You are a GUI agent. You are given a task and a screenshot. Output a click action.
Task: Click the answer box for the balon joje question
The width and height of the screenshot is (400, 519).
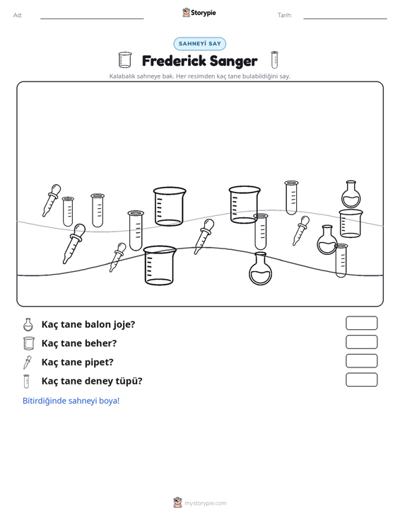(x=361, y=323)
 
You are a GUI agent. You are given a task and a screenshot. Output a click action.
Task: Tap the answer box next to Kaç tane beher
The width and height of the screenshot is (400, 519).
(x=361, y=342)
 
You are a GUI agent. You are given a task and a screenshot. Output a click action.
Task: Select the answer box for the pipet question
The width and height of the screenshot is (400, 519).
(x=361, y=361)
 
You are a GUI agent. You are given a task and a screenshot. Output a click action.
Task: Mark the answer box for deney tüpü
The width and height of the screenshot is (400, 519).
(x=361, y=380)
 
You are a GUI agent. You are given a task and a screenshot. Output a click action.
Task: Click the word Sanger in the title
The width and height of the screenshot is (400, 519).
(x=233, y=62)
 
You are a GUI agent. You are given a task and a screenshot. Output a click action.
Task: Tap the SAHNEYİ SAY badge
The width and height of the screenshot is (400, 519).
(x=200, y=44)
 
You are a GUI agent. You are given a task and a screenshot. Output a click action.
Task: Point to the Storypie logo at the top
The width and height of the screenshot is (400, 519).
(x=199, y=13)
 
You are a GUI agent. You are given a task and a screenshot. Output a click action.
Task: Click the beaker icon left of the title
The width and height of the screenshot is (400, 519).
(x=125, y=60)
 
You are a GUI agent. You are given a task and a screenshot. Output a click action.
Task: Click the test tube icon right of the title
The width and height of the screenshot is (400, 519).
(x=274, y=60)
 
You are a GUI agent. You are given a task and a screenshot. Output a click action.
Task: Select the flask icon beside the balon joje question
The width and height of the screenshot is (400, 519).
(x=28, y=324)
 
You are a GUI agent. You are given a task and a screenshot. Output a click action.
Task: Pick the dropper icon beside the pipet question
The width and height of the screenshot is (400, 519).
(x=27, y=362)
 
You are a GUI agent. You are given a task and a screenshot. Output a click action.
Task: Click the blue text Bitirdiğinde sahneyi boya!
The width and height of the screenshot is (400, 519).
(x=71, y=401)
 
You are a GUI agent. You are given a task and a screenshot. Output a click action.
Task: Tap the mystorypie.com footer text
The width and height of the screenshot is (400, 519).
(x=205, y=503)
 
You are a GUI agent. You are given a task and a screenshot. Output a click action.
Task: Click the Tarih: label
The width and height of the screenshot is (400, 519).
(x=285, y=16)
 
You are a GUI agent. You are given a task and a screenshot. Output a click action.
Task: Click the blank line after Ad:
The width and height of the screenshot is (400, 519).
(x=92, y=18)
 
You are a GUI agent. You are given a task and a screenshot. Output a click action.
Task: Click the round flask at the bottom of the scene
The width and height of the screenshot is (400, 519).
(x=261, y=268)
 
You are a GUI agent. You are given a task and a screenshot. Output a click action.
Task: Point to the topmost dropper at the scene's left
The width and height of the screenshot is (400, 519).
(x=51, y=200)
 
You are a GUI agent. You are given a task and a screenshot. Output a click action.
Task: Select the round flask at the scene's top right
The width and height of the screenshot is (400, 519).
(x=351, y=194)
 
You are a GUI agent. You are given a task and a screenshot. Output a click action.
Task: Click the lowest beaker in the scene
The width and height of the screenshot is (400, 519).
(x=160, y=265)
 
